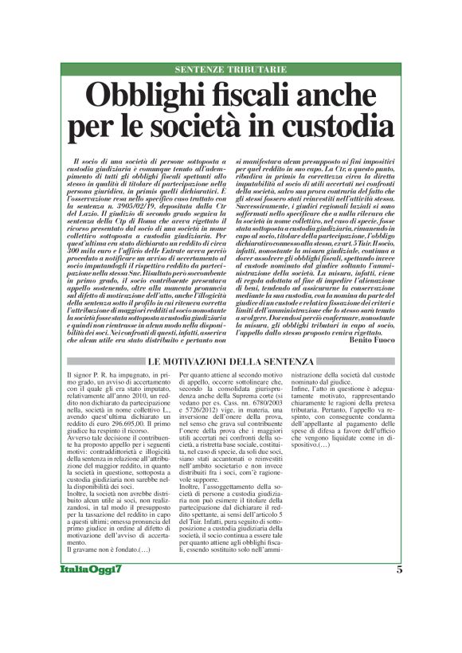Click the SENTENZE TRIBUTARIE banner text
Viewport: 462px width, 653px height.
230,70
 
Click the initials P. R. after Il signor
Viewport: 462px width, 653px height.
105,373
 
